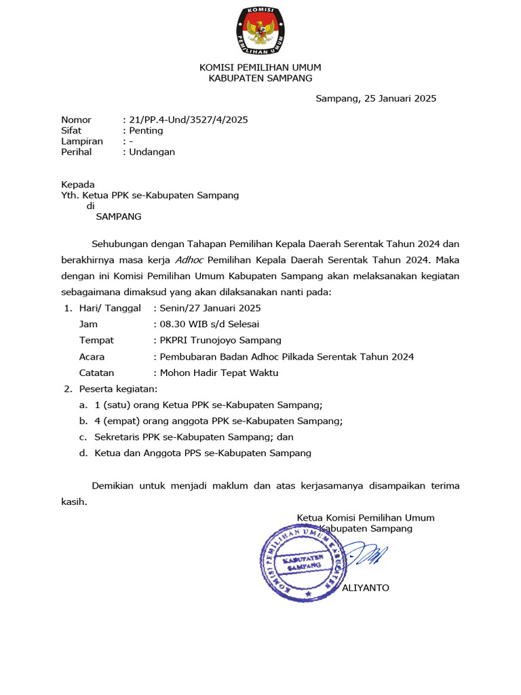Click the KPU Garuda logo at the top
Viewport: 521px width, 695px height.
(x=260, y=31)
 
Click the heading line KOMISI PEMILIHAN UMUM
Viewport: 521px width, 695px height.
(x=260, y=67)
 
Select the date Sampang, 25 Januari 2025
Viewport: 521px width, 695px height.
(x=376, y=98)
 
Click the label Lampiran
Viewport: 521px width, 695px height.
(x=82, y=141)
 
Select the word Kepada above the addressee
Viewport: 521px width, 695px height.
(x=78, y=185)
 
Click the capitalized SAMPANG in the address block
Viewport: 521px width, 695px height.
(x=119, y=217)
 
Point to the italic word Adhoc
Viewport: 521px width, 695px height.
(x=189, y=259)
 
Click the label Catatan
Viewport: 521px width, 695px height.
(x=96, y=373)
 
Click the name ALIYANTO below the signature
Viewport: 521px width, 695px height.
(x=366, y=588)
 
